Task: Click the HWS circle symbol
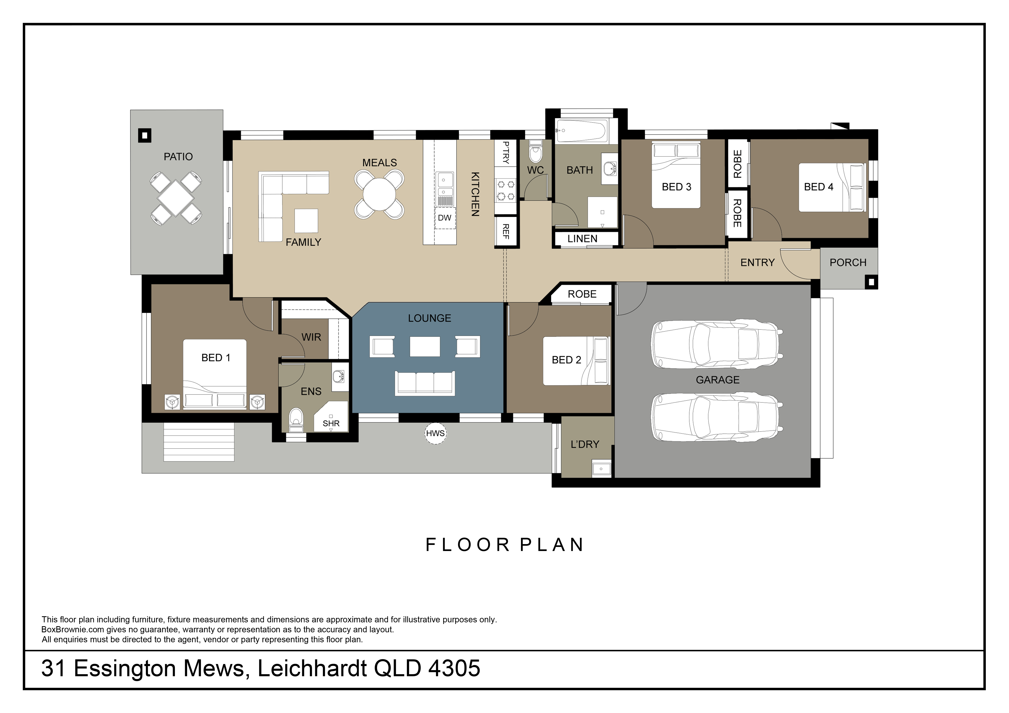(436, 433)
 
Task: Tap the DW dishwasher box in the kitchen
(445, 218)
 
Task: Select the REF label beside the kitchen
(506, 231)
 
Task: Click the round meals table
(379, 194)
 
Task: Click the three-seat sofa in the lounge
(425, 383)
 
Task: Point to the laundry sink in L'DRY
(601, 468)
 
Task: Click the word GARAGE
(718, 380)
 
